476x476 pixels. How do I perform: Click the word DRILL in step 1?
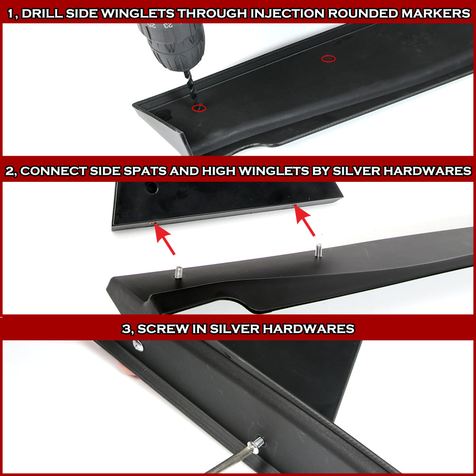[42, 14]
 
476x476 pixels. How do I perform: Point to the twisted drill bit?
[191, 88]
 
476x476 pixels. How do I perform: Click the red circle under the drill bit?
[199, 108]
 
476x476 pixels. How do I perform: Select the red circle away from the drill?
[328, 59]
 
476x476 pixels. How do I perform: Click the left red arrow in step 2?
[164, 239]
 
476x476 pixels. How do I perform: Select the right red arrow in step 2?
[304, 221]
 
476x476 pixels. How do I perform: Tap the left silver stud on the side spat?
[178, 272]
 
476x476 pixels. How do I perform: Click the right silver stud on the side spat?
[318, 250]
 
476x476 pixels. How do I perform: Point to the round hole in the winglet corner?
[151, 188]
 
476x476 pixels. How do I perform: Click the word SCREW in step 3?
[163, 329]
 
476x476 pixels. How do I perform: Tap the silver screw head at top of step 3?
[138, 346]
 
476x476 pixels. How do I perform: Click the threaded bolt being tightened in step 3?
[256, 445]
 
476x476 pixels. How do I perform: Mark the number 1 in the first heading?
[10, 14]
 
